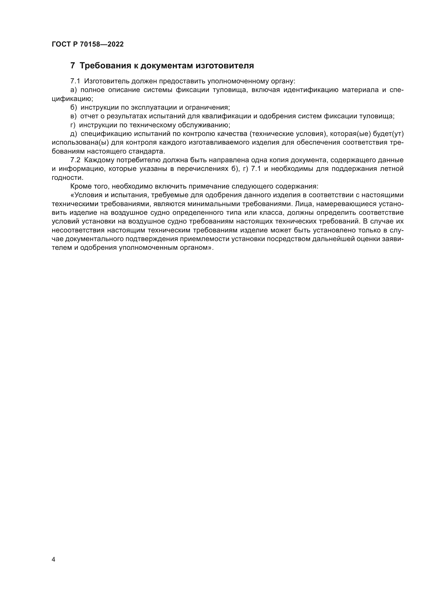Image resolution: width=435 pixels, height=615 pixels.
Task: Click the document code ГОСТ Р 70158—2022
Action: coord(88,44)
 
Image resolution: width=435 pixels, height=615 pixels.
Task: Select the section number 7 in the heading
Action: coord(73,66)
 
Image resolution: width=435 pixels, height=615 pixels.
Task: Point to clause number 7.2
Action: coord(75,160)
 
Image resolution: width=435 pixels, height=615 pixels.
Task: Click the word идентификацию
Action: coord(311,90)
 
